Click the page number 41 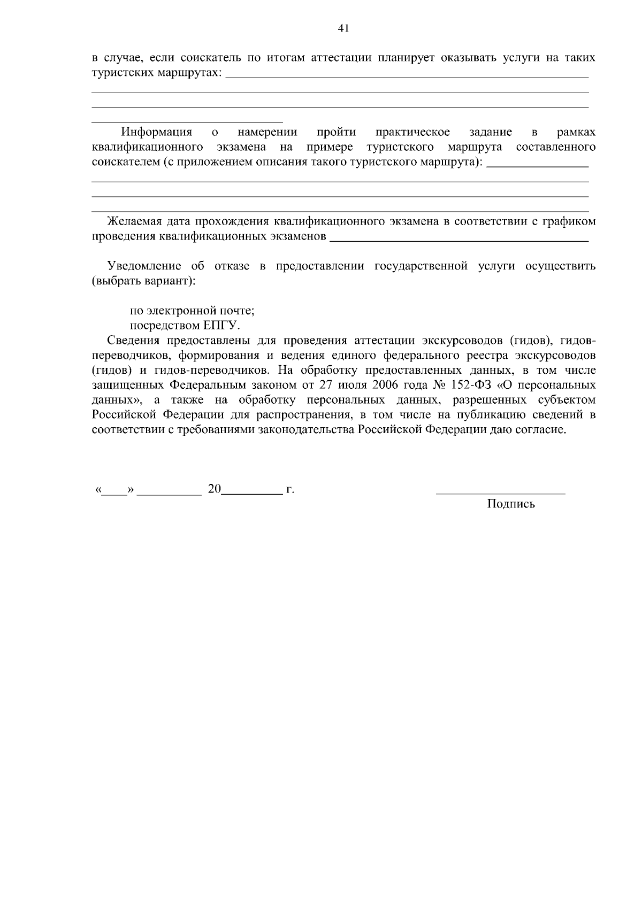[343, 29]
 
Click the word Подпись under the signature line [511, 504]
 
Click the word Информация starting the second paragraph [157, 132]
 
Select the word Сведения [134, 341]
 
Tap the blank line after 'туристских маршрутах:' [407, 77]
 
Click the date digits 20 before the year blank [214, 489]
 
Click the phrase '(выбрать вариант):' [144, 281]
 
